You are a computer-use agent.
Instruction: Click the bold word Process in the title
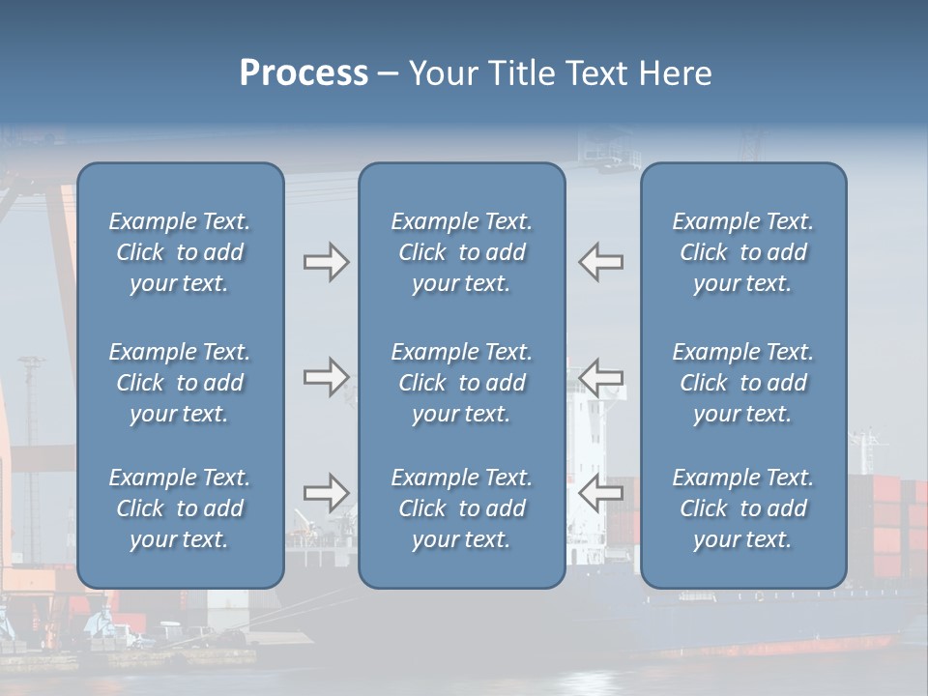[304, 72]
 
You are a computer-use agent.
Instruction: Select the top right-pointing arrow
[326, 262]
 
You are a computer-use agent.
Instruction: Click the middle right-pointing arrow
[326, 377]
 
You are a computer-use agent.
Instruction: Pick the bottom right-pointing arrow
[326, 493]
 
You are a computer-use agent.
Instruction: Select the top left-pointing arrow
[600, 262]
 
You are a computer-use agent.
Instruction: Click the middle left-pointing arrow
[600, 377]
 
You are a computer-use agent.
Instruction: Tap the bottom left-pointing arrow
[600, 493]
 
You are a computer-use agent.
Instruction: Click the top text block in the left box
[180, 252]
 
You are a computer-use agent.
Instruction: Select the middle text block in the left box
[180, 383]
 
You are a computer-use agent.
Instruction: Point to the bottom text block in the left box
[180, 508]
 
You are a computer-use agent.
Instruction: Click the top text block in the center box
[461, 252]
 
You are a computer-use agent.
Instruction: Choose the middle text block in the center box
[461, 383]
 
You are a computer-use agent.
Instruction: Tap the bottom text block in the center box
[461, 508]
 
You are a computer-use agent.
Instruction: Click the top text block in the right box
[742, 252]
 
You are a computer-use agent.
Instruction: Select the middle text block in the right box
[742, 383]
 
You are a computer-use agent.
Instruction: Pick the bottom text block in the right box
[742, 508]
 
